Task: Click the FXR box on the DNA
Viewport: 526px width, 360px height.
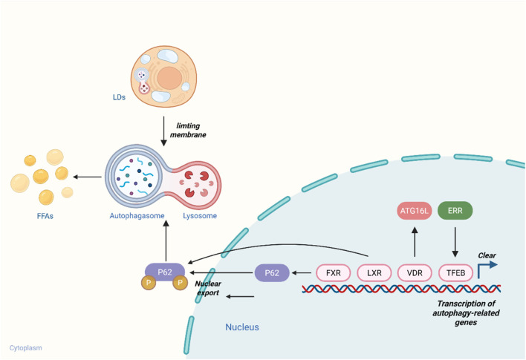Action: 333,273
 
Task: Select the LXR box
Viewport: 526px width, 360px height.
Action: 374,273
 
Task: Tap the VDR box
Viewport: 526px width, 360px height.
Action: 415,273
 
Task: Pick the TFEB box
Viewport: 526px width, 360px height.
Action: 455,273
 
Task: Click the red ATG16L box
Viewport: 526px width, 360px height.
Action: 415,211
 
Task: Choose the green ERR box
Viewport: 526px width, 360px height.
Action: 455,211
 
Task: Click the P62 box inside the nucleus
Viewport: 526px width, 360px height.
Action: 272,273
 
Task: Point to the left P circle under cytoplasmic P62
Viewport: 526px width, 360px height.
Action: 149,283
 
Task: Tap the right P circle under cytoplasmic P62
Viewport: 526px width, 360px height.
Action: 180,283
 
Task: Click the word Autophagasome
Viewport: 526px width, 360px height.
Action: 137,216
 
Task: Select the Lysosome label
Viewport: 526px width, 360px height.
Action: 200,216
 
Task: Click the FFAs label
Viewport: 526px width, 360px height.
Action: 45,216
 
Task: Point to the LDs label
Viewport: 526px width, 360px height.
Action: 119,97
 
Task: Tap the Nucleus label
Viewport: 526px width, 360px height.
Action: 242,327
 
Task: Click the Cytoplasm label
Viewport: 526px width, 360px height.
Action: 25,348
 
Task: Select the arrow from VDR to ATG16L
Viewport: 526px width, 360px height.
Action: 415,242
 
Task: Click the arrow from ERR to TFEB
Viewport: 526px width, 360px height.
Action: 455,242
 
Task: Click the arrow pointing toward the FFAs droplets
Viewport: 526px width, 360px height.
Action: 87,177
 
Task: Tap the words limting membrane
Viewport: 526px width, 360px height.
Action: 188,130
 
